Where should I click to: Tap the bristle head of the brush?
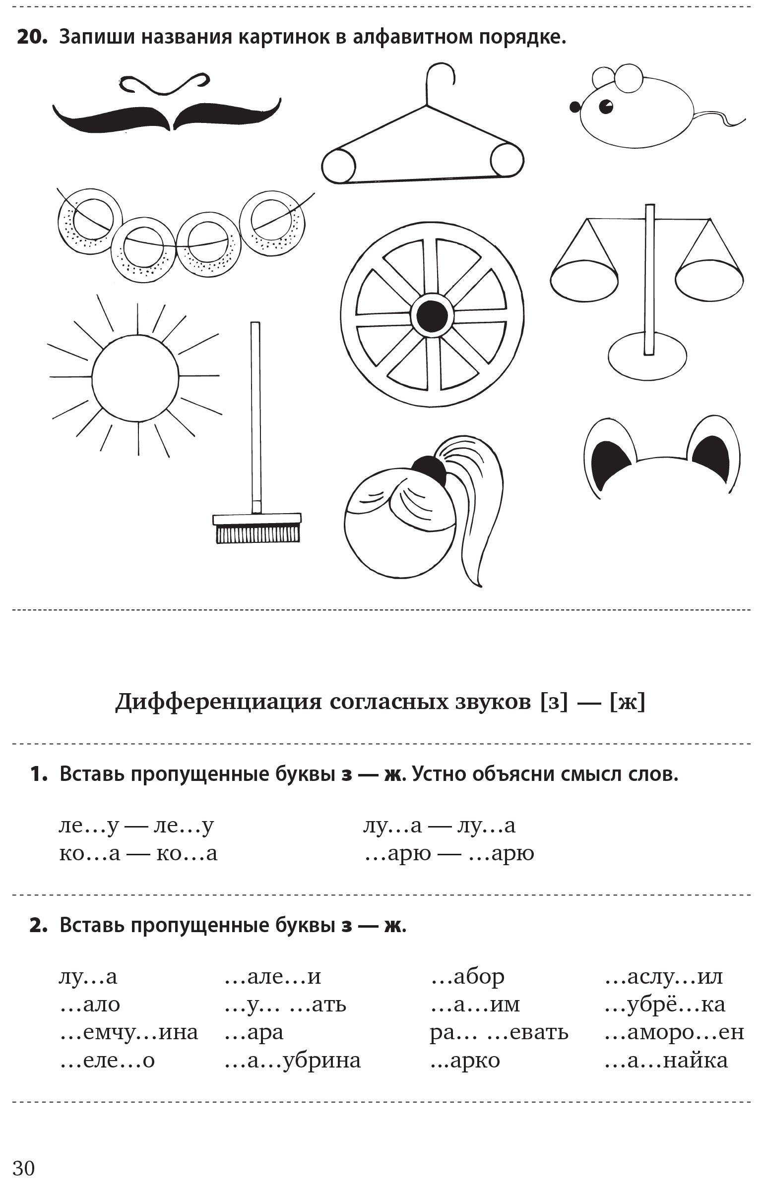pos(257,533)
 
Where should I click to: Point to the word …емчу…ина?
pos(129,1033)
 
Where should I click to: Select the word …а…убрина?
pos(293,1061)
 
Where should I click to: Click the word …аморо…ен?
pos(674,1033)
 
